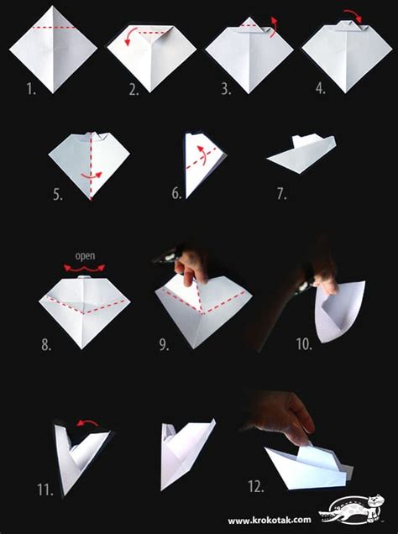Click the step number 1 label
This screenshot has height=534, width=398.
click(x=31, y=89)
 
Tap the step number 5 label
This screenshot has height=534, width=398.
click(x=58, y=194)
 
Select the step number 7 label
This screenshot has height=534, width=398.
click(x=281, y=194)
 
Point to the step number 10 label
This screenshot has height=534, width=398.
click(x=304, y=344)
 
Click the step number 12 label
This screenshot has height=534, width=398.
click(x=256, y=486)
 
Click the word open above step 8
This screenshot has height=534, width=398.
click(x=85, y=256)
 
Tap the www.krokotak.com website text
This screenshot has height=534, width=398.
click(x=270, y=520)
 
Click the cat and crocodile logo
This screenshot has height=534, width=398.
click(x=352, y=509)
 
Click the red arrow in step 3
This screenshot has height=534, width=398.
click(x=274, y=27)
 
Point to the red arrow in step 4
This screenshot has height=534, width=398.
click(x=353, y=15)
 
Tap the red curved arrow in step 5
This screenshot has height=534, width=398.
click(x=92, y=175)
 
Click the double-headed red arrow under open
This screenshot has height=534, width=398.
click(x=85, y=269)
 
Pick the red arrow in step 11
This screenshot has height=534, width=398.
click(x=87, y=423)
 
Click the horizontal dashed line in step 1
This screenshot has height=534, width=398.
click(x=54, y=27)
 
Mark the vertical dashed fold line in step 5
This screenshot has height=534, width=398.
click(x=91, y=166)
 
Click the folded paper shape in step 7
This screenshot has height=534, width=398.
click(x=301, y=154)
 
